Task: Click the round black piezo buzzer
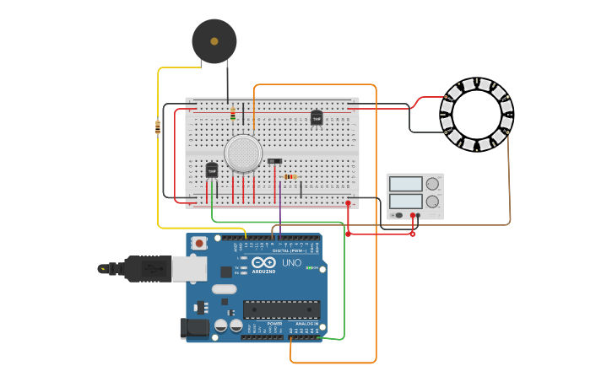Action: point(214,41)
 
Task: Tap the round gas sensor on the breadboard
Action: point(243,153)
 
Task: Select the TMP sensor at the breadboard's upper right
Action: point(317,118)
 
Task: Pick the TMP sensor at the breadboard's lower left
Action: point(212,169)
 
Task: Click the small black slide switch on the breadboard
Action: point(275,160)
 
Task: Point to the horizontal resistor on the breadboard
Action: point(290,176)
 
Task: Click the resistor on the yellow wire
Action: point(158,127)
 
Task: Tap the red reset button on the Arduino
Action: point(199,244)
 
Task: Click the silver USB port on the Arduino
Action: point(189,268)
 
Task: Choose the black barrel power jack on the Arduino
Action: point(194,328)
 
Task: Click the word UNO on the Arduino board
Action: point(291,263)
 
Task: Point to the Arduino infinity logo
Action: point(263,262)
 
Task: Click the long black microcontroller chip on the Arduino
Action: point(281,309)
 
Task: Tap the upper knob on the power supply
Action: point(432,184)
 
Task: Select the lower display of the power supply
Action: point(406,202)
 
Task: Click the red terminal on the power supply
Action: point(413,215)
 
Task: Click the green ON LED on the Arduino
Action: point(309,268)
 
